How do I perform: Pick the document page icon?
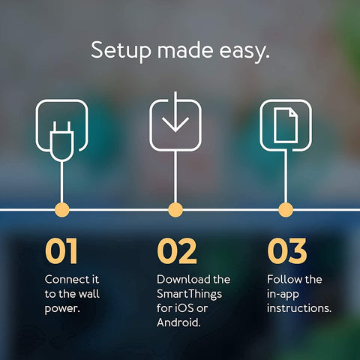285,124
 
